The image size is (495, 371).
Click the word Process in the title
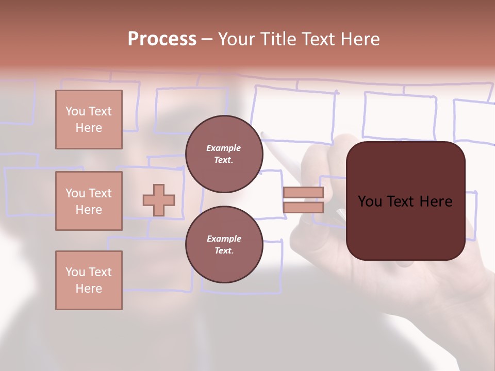(162, 39)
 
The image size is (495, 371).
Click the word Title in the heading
(278, 39)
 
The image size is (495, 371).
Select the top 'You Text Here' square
(89, 120)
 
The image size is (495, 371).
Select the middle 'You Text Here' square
(89, 201)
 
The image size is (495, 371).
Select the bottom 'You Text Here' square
(89, 280)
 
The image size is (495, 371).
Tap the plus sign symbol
(159, 200)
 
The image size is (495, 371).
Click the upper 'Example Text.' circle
(224, 154)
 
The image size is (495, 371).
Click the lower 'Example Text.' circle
(224, 245)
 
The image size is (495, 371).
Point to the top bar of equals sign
(303, 193)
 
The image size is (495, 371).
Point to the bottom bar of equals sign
(303, 208)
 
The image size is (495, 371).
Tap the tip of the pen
(263, 134)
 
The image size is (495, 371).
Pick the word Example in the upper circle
(224, 148)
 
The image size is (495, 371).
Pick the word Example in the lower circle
(224, 239)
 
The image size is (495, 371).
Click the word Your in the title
(236, 39)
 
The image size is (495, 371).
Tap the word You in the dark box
(370, 201)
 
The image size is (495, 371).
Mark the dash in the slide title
(207, 39)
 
